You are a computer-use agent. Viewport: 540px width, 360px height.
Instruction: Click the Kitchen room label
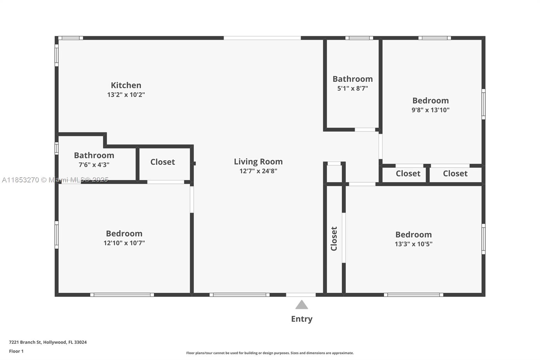(126, 85)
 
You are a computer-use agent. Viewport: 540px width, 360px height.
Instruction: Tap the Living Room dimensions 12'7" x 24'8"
(258, 171)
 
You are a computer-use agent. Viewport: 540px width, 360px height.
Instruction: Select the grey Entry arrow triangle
(302, 305)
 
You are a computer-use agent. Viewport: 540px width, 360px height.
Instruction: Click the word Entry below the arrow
(302, 319)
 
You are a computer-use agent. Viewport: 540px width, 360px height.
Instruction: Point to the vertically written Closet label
(334, 239)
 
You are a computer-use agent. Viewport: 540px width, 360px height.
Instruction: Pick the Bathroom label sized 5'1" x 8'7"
(352, 79)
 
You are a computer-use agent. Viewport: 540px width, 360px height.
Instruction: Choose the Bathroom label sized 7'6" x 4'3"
(94, 155)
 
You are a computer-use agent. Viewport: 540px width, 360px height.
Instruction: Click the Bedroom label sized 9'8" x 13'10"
(431, 101)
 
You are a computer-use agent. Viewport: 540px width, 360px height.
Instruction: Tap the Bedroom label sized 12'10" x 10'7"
(124, 234)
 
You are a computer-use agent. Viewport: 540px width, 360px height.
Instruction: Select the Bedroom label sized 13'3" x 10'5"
(413, 234)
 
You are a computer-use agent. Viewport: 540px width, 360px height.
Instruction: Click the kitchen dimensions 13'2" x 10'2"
(126, 95)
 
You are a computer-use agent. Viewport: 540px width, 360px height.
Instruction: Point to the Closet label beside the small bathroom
(162, 162)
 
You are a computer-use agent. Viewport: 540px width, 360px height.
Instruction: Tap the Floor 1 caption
(16, 351)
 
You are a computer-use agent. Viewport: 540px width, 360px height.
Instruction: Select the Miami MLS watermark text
(55, 180)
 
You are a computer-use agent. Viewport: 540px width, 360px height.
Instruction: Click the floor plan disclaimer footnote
(270, 353)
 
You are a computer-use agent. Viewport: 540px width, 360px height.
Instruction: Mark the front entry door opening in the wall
(301, 295)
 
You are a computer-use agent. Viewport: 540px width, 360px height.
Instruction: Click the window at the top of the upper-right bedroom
(434, 38)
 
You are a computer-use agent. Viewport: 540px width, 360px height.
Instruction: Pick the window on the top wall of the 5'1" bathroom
(359, 38)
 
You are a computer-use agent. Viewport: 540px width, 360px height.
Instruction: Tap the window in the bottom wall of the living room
(239, 295)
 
